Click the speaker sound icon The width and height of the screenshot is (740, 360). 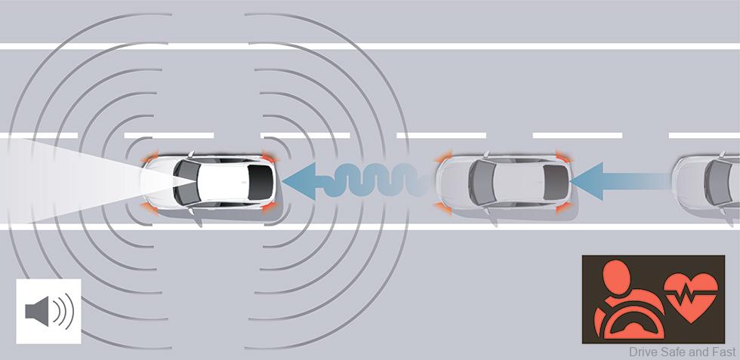49,312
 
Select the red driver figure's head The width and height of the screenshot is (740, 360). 616,278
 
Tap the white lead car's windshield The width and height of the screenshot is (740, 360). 186,182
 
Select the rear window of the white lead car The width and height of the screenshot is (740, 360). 261,182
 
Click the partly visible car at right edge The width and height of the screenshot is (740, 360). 706,182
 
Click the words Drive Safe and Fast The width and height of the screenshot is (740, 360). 682,352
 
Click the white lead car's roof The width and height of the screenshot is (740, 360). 223,182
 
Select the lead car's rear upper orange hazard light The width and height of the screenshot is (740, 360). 269,158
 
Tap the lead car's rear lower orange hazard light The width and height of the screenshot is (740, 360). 269,207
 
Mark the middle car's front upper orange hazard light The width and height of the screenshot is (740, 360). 444,157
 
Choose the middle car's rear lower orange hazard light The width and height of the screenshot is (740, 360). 564,207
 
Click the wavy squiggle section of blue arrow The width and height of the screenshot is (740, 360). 373,180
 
